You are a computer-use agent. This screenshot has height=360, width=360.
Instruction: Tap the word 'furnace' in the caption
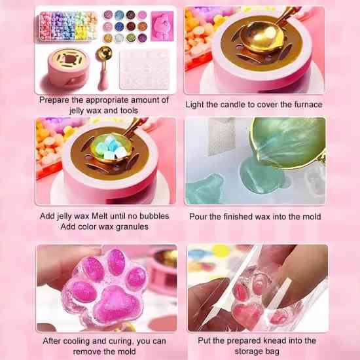pos(308,105)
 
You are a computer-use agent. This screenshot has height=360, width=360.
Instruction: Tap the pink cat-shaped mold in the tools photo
pos(162,26)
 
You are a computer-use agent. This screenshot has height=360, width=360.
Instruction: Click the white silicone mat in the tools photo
pos(145,69)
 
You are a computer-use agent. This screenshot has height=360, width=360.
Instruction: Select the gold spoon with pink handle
pos(103,67)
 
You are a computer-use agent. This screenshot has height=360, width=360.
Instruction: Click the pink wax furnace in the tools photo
pos(69,67)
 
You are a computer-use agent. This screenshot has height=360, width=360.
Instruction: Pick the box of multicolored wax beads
pos(68,26)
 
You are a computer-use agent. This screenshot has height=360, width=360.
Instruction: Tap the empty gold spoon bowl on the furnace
pos(262,37)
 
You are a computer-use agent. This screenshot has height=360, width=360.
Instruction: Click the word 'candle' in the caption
pos(232,105)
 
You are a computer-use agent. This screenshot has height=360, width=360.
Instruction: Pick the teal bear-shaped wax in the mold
pos(205,190)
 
